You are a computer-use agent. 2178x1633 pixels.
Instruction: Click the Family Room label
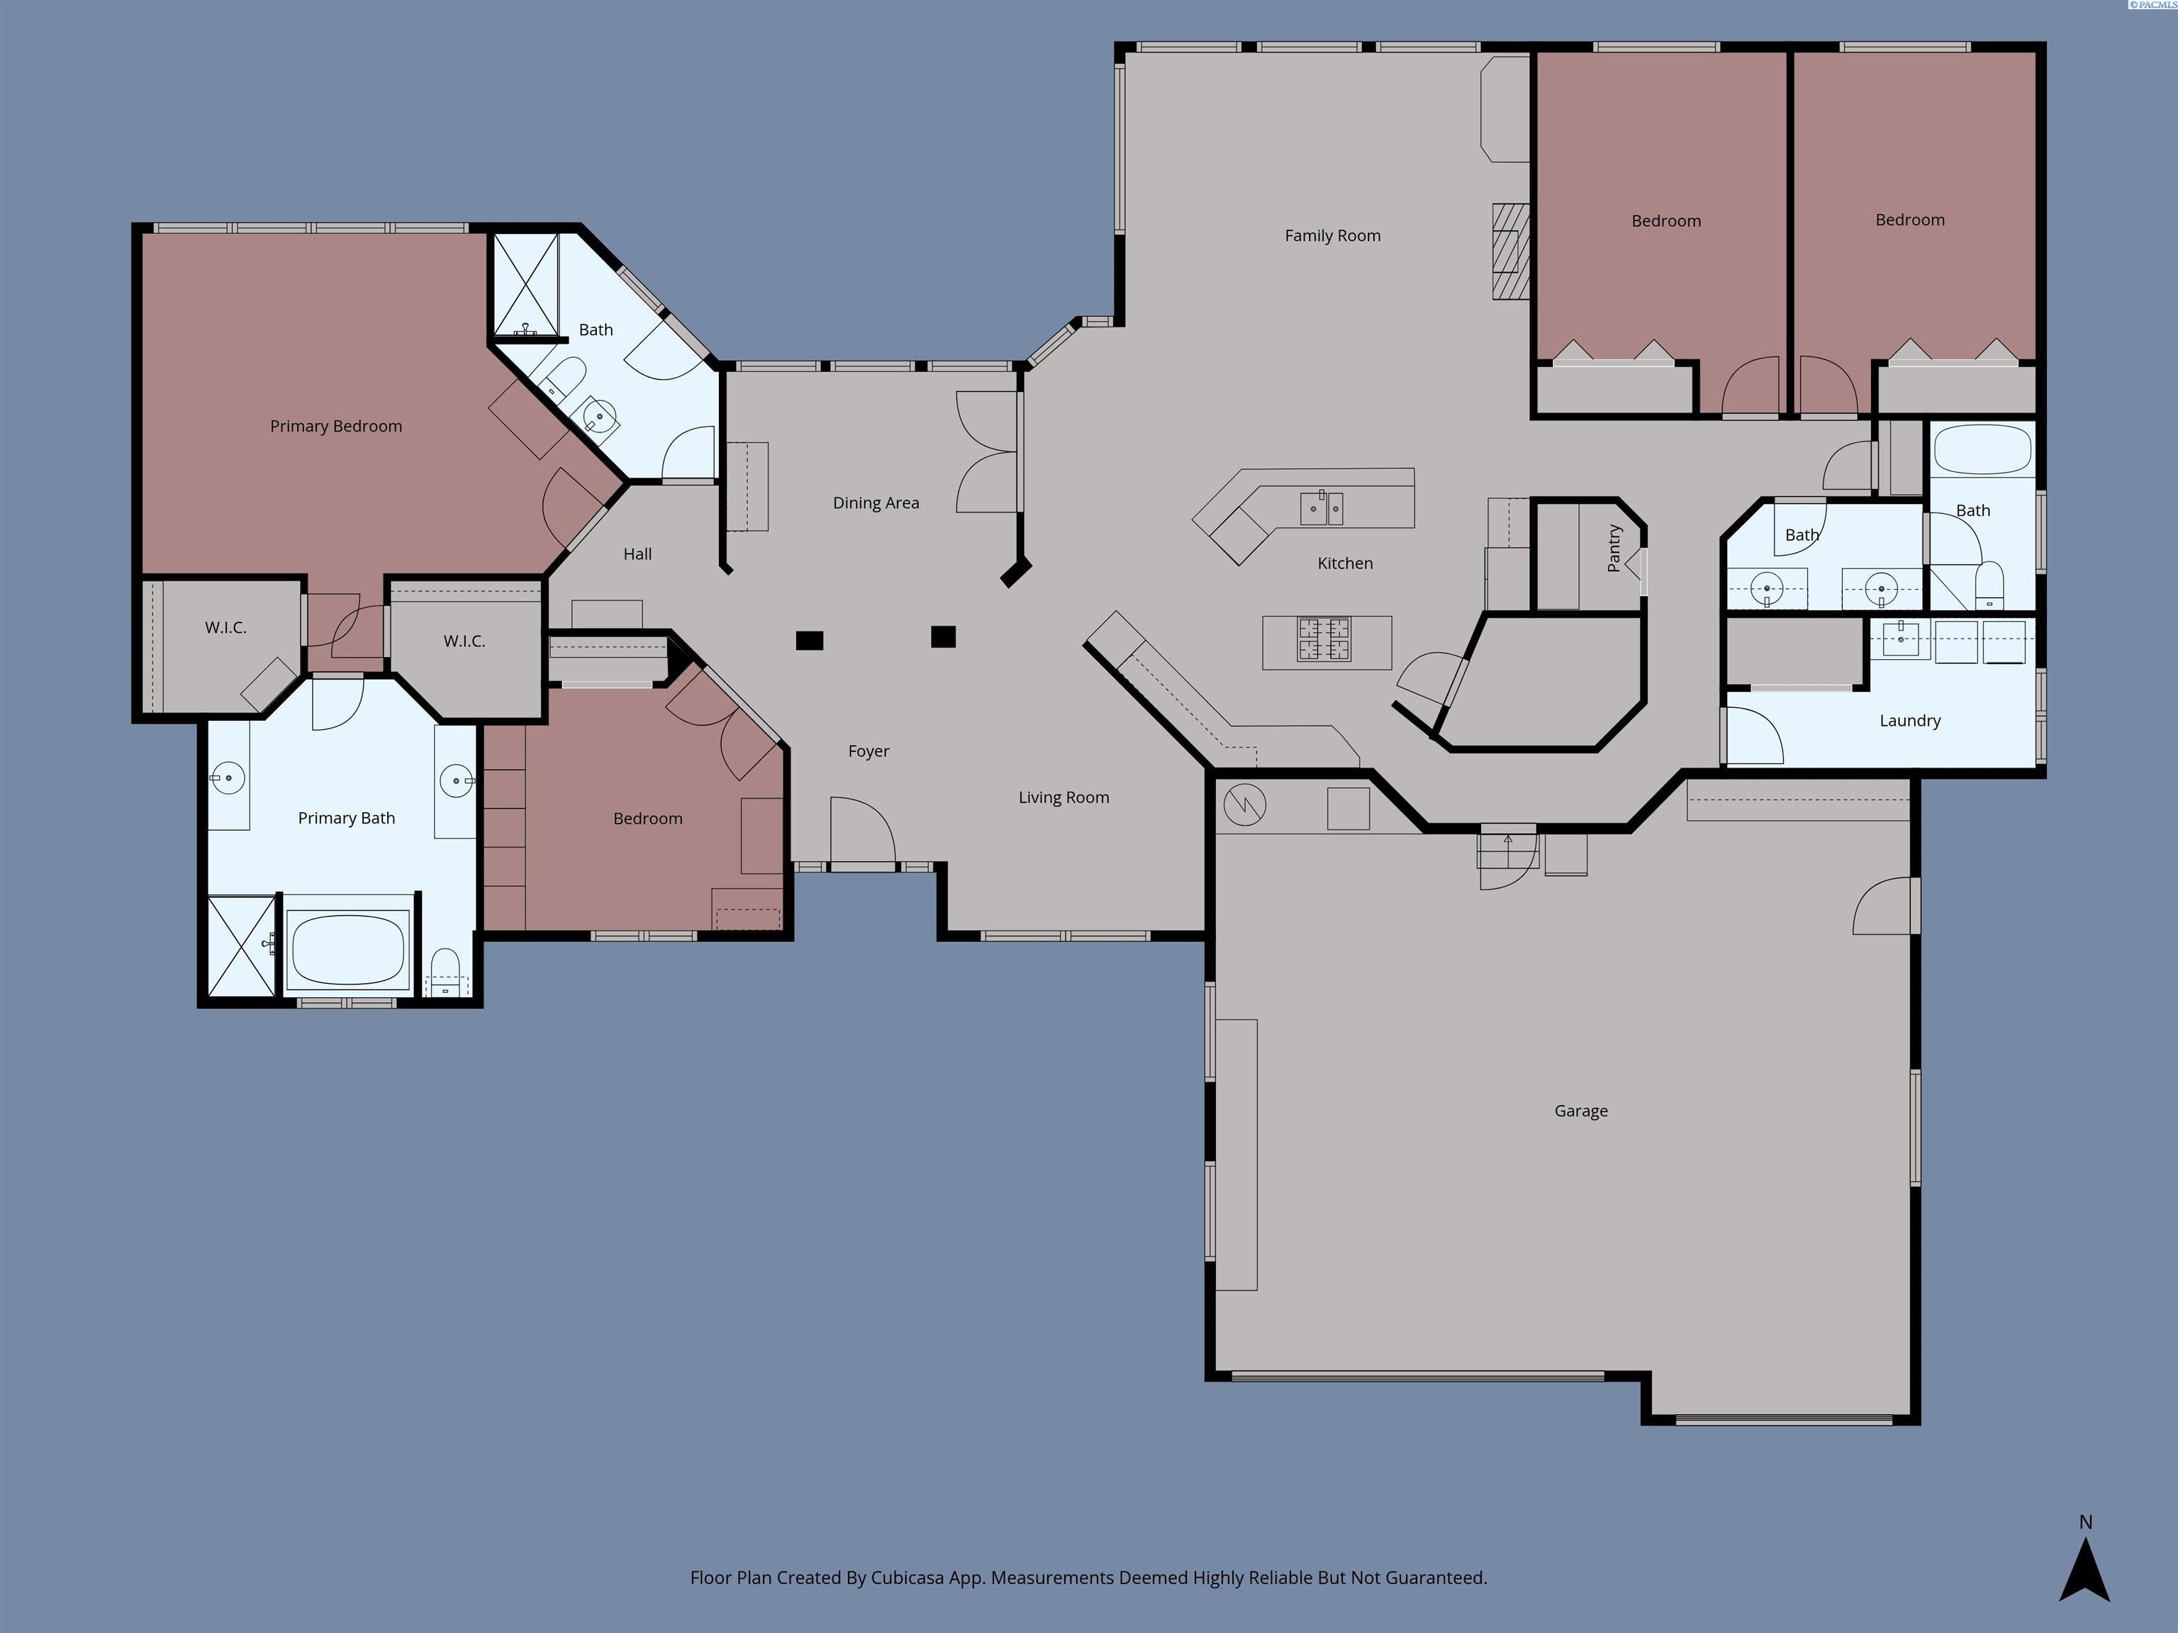[1332, 235]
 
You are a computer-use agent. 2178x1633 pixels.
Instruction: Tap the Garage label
[1580, 1111]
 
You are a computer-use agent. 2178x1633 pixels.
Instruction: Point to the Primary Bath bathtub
[347, 950]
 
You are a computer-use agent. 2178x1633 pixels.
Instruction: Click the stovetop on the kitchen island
[1324, 639]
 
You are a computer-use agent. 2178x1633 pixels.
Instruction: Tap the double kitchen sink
[1322, 508]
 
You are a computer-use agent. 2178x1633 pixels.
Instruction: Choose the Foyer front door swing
[861, 832]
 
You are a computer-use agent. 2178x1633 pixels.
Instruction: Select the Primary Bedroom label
[336, 426]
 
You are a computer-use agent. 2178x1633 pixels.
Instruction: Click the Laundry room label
[1909, 721]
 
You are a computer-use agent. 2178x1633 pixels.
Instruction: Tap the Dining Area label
[876, 503]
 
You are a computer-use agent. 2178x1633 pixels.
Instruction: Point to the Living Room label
[1063, 797]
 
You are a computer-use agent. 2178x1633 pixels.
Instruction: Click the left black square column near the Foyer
[810, 641]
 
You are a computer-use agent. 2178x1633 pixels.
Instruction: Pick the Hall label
[637, 554]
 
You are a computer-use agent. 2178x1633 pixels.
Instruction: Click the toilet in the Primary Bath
[446, 972]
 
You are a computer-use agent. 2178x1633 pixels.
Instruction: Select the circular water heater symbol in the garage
[1244, 805]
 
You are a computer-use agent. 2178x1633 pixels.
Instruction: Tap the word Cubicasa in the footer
[907, 1578]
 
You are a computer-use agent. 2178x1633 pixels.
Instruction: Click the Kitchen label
[1345, 563]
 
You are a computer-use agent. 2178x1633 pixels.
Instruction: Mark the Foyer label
[869, 751]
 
